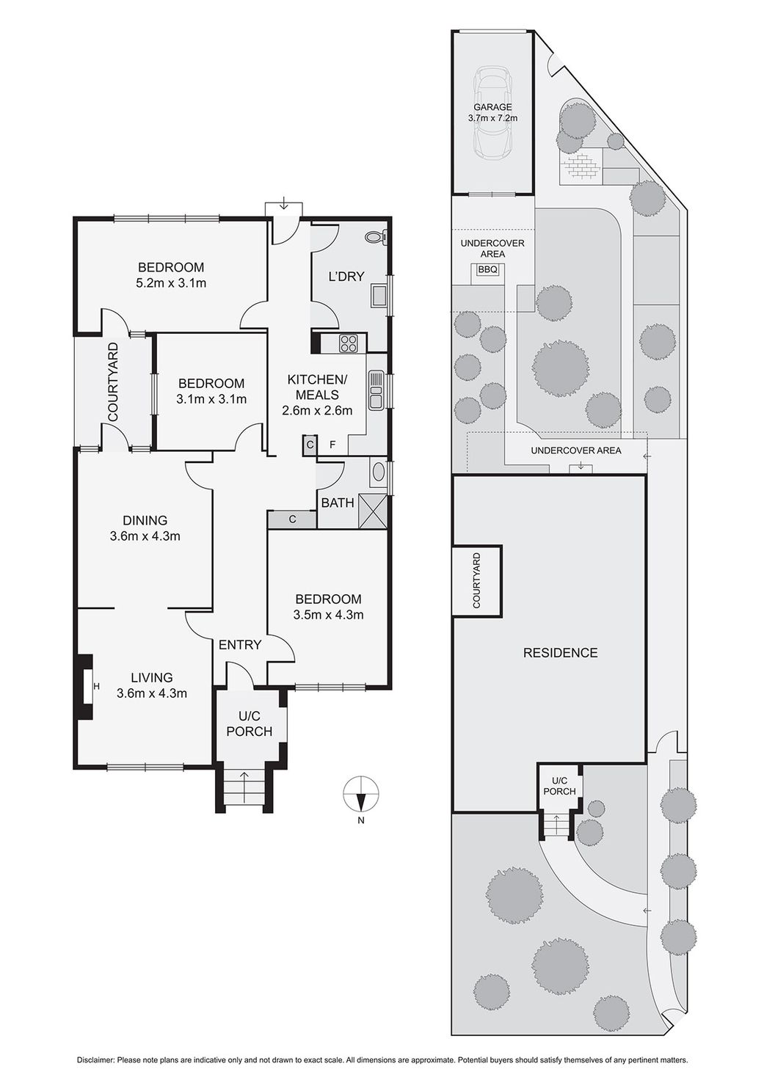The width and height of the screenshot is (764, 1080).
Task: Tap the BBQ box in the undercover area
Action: (487, 270)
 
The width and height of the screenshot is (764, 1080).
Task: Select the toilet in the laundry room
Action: (376, 237)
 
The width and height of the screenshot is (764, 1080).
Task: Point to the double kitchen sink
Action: (376, 390)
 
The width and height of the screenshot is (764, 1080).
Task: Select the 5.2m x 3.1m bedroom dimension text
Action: (171, 282)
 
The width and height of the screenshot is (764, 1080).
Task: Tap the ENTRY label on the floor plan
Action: (240, 645)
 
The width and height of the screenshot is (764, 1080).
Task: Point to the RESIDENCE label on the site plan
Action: (560, 652)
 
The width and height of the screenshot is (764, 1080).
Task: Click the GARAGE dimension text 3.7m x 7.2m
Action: (492, 118)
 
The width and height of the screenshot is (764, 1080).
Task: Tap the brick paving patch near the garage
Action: (580, 167)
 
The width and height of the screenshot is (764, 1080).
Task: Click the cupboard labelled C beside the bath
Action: (292, 519)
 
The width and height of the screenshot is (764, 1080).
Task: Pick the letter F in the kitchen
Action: (332, 445)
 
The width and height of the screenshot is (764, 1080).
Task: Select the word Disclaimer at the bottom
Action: (95, 1059)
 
